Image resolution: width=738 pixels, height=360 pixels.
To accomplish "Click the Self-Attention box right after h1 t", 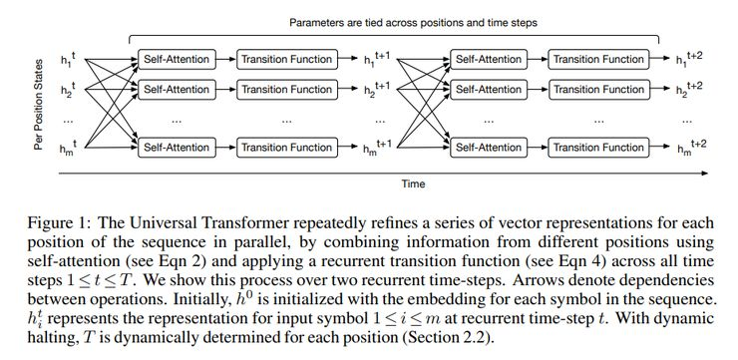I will click(x=176, y=59).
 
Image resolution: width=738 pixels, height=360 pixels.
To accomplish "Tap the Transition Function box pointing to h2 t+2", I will click(x=598, y=89).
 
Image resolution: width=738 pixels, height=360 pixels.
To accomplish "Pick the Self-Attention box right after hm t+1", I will click(x=488, y=148).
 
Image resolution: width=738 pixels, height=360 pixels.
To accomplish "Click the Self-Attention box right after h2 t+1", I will click(x=488, y=89).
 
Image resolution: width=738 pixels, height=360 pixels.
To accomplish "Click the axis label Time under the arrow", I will click(x=413, y=183).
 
